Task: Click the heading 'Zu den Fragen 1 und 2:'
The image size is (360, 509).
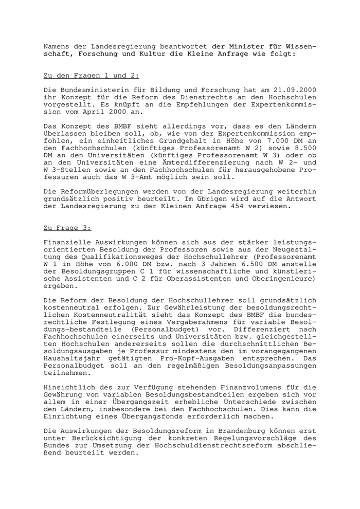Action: click(x=91, y=76)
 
